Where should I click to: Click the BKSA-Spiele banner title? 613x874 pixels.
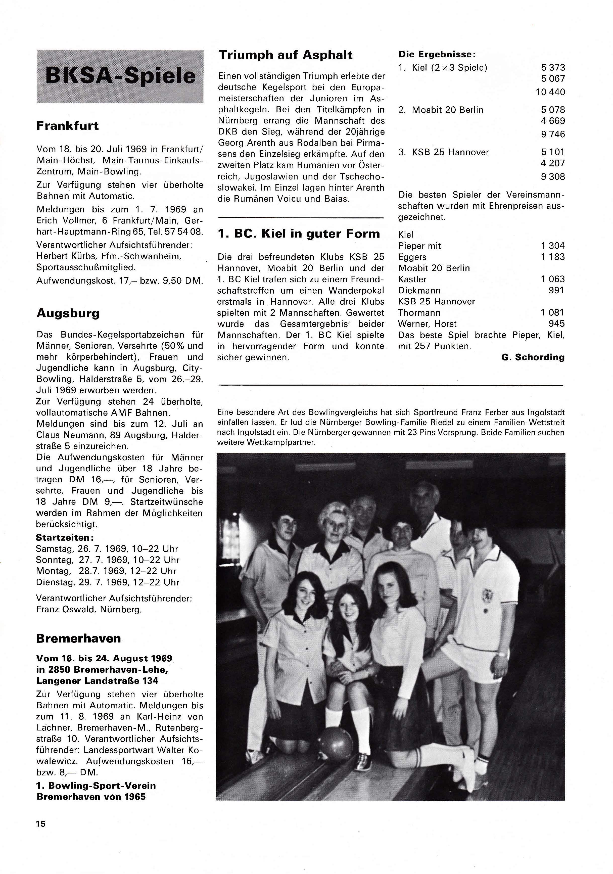click(x=120, y=76)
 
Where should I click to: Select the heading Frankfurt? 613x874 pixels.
click(x=67, y=126)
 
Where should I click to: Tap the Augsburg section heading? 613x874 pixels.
click(x=68, y=313)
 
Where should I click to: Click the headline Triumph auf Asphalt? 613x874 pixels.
click(x=285, y=55)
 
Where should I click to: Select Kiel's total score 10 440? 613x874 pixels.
click(x=550, y=92)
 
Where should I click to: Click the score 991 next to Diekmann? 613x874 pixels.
click(x=556, y=290)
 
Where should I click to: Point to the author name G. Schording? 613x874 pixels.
click(x=533, y=357)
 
